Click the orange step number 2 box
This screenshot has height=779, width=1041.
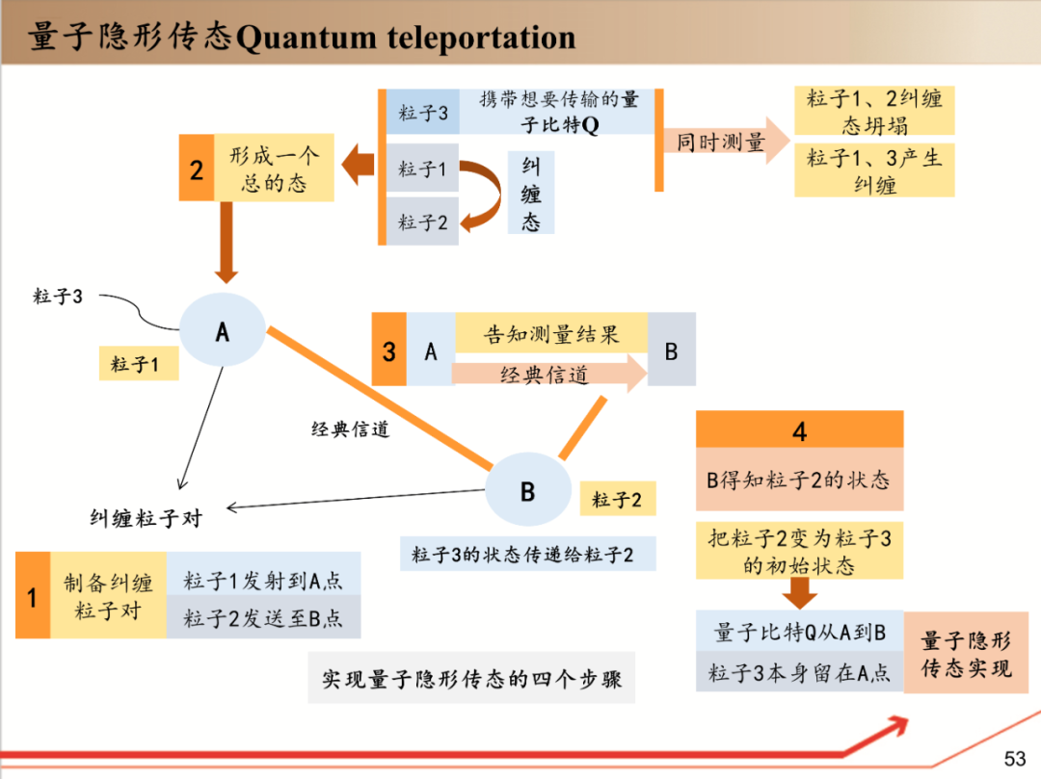(196, 169)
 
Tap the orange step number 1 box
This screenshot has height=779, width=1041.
(32, 595)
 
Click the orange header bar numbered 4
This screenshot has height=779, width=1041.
(799, 429)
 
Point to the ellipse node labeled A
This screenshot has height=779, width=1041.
(223, 330)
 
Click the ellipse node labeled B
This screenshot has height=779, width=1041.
(527, 490)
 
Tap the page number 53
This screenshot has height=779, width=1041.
(1015, 758)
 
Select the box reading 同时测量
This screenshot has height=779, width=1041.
(720, 143)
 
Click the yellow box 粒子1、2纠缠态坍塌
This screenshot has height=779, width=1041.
(874, 112)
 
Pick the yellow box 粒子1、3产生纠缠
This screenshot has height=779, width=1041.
(874, 170)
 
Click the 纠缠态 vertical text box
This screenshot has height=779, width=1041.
(531, 194)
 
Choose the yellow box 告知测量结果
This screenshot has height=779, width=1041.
(550, 334)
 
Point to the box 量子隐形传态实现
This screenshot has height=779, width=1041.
(966, 652)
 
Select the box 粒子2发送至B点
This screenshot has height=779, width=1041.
(263, 618)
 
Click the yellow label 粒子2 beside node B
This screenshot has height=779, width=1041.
(617, 499)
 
